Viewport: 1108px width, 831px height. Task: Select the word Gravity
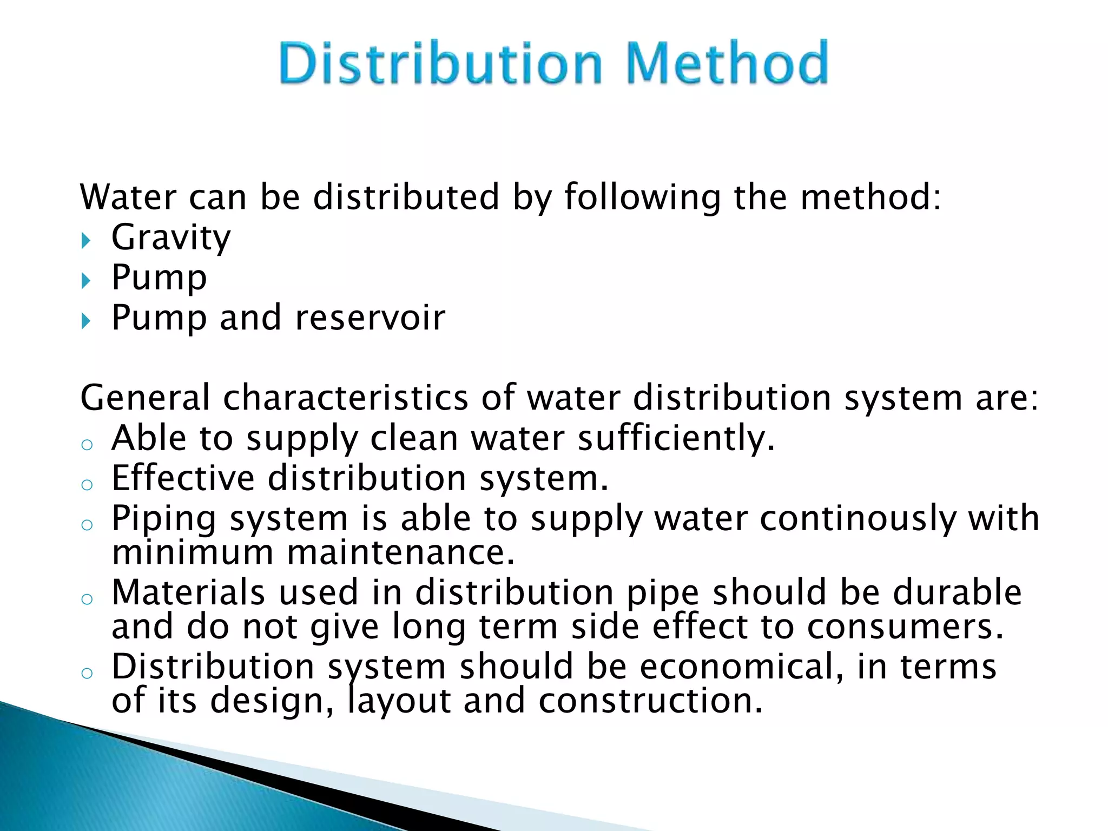click(x=171, y=238)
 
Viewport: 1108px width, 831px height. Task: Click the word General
click(x=144, y=398)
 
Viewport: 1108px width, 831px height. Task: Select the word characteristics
click(x=346, y=398)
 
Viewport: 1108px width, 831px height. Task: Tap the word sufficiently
click(x=676, y=438)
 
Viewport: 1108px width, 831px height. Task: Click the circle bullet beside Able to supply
click(x=87, y=445)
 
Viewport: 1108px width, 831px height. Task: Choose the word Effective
click(x=183, y=478)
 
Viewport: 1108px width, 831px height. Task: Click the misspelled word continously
click(x=858, y=519)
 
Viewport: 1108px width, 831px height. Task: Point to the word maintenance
click(x=400, y=552)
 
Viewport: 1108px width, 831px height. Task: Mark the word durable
click(x=957, y=592)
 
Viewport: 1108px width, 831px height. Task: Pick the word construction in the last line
click(x=650, y=701)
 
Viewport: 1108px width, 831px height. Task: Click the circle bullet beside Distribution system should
click(x=87, y=673)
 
